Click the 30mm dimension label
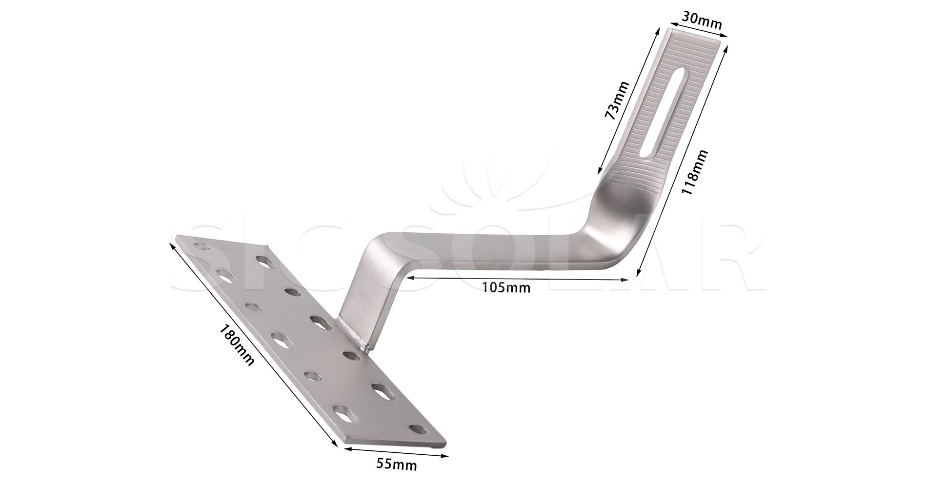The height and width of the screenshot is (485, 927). (x=702, y=20)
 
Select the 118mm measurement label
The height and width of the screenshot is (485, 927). (x=694, y=173)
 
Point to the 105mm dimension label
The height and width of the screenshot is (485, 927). (x=506, y=287)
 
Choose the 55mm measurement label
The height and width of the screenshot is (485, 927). (x=397, y=465)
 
